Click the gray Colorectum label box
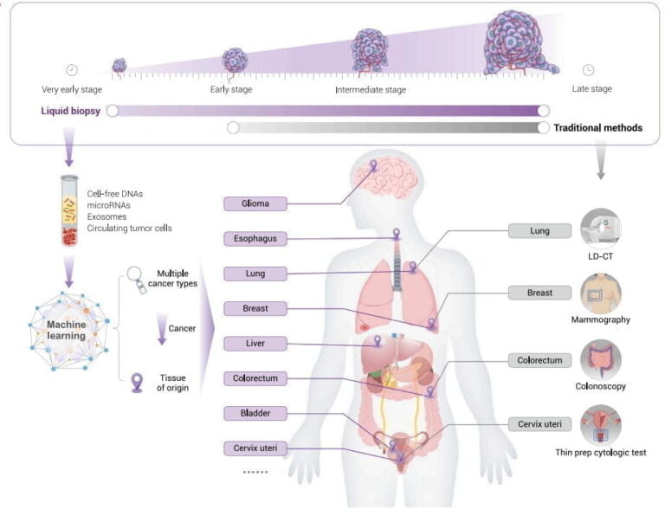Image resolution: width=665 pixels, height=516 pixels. pyautogui.click(x=539, y=359)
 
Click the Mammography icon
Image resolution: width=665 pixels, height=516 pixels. pyautogui.click(x=601, y=293)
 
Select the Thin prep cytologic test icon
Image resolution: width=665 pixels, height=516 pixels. pyautogui.click(x=601, y=425)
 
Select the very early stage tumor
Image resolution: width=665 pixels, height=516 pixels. pyautogui.click(x=119, y=65)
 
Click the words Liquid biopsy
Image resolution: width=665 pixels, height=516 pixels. pyautogui.click(x=69, y=111)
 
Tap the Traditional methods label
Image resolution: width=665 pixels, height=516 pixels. pyautogui.click(x=597, y=128)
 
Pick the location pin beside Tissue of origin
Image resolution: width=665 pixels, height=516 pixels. pyautogui.click(x=137, y=383)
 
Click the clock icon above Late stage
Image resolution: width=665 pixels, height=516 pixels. pyautogui.click(x=589, y=70)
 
